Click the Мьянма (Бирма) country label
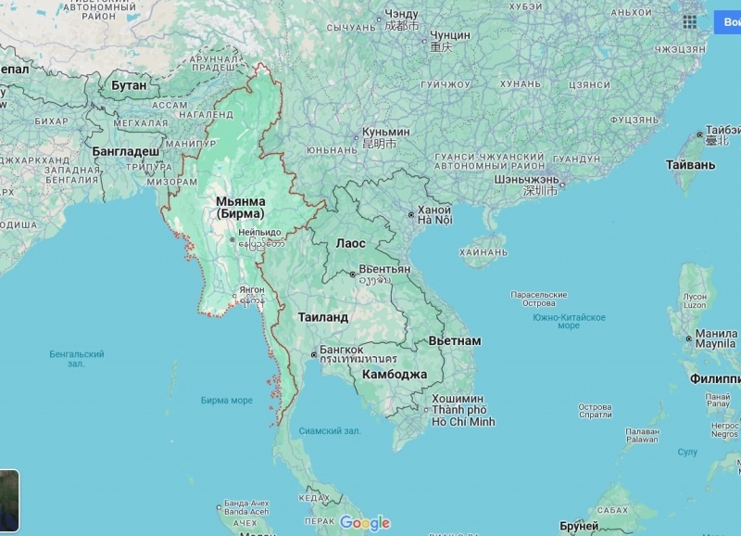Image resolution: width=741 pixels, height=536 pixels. pyautogui.click(x=240, y=207)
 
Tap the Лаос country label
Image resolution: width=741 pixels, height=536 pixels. pyautogui.click(x=350, y=243)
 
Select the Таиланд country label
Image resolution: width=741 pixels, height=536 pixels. pyautogui.click(x=322, y=317)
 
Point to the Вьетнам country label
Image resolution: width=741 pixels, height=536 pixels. pyautogui.click(x=454, y=340)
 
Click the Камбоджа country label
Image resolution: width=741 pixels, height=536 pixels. pyautogui.click(x=395, y=375)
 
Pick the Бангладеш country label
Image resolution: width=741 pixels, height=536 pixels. pyautogui.click(x=125, y=150)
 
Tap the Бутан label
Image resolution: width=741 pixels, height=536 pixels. pyautogui.click(x=129, y=85)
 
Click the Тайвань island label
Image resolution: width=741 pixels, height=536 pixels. pyautogui.click(x=690, y=165)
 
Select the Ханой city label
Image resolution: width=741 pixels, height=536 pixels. pyautogui.click(x=434, y=211)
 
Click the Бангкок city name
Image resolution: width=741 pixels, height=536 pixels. pyautogui.click(x=341, y=350)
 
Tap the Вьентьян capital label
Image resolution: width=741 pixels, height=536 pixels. pyautogui.click(x=384, y=269)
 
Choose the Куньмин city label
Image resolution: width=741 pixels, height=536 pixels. pyautogui.click(x=385, y=133)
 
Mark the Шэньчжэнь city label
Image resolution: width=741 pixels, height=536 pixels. pyautogui.click(x=526, y=179)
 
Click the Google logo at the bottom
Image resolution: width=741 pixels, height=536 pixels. pyautogui.click(x=365, y=523)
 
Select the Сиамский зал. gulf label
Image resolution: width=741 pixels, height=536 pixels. pyautogui.click(x=329, y=431)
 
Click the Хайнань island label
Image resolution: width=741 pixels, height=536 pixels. pyautogui.click(x=483, y=250)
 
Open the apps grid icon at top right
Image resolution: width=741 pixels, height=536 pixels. pyautogui.click(x=690, y=21)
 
